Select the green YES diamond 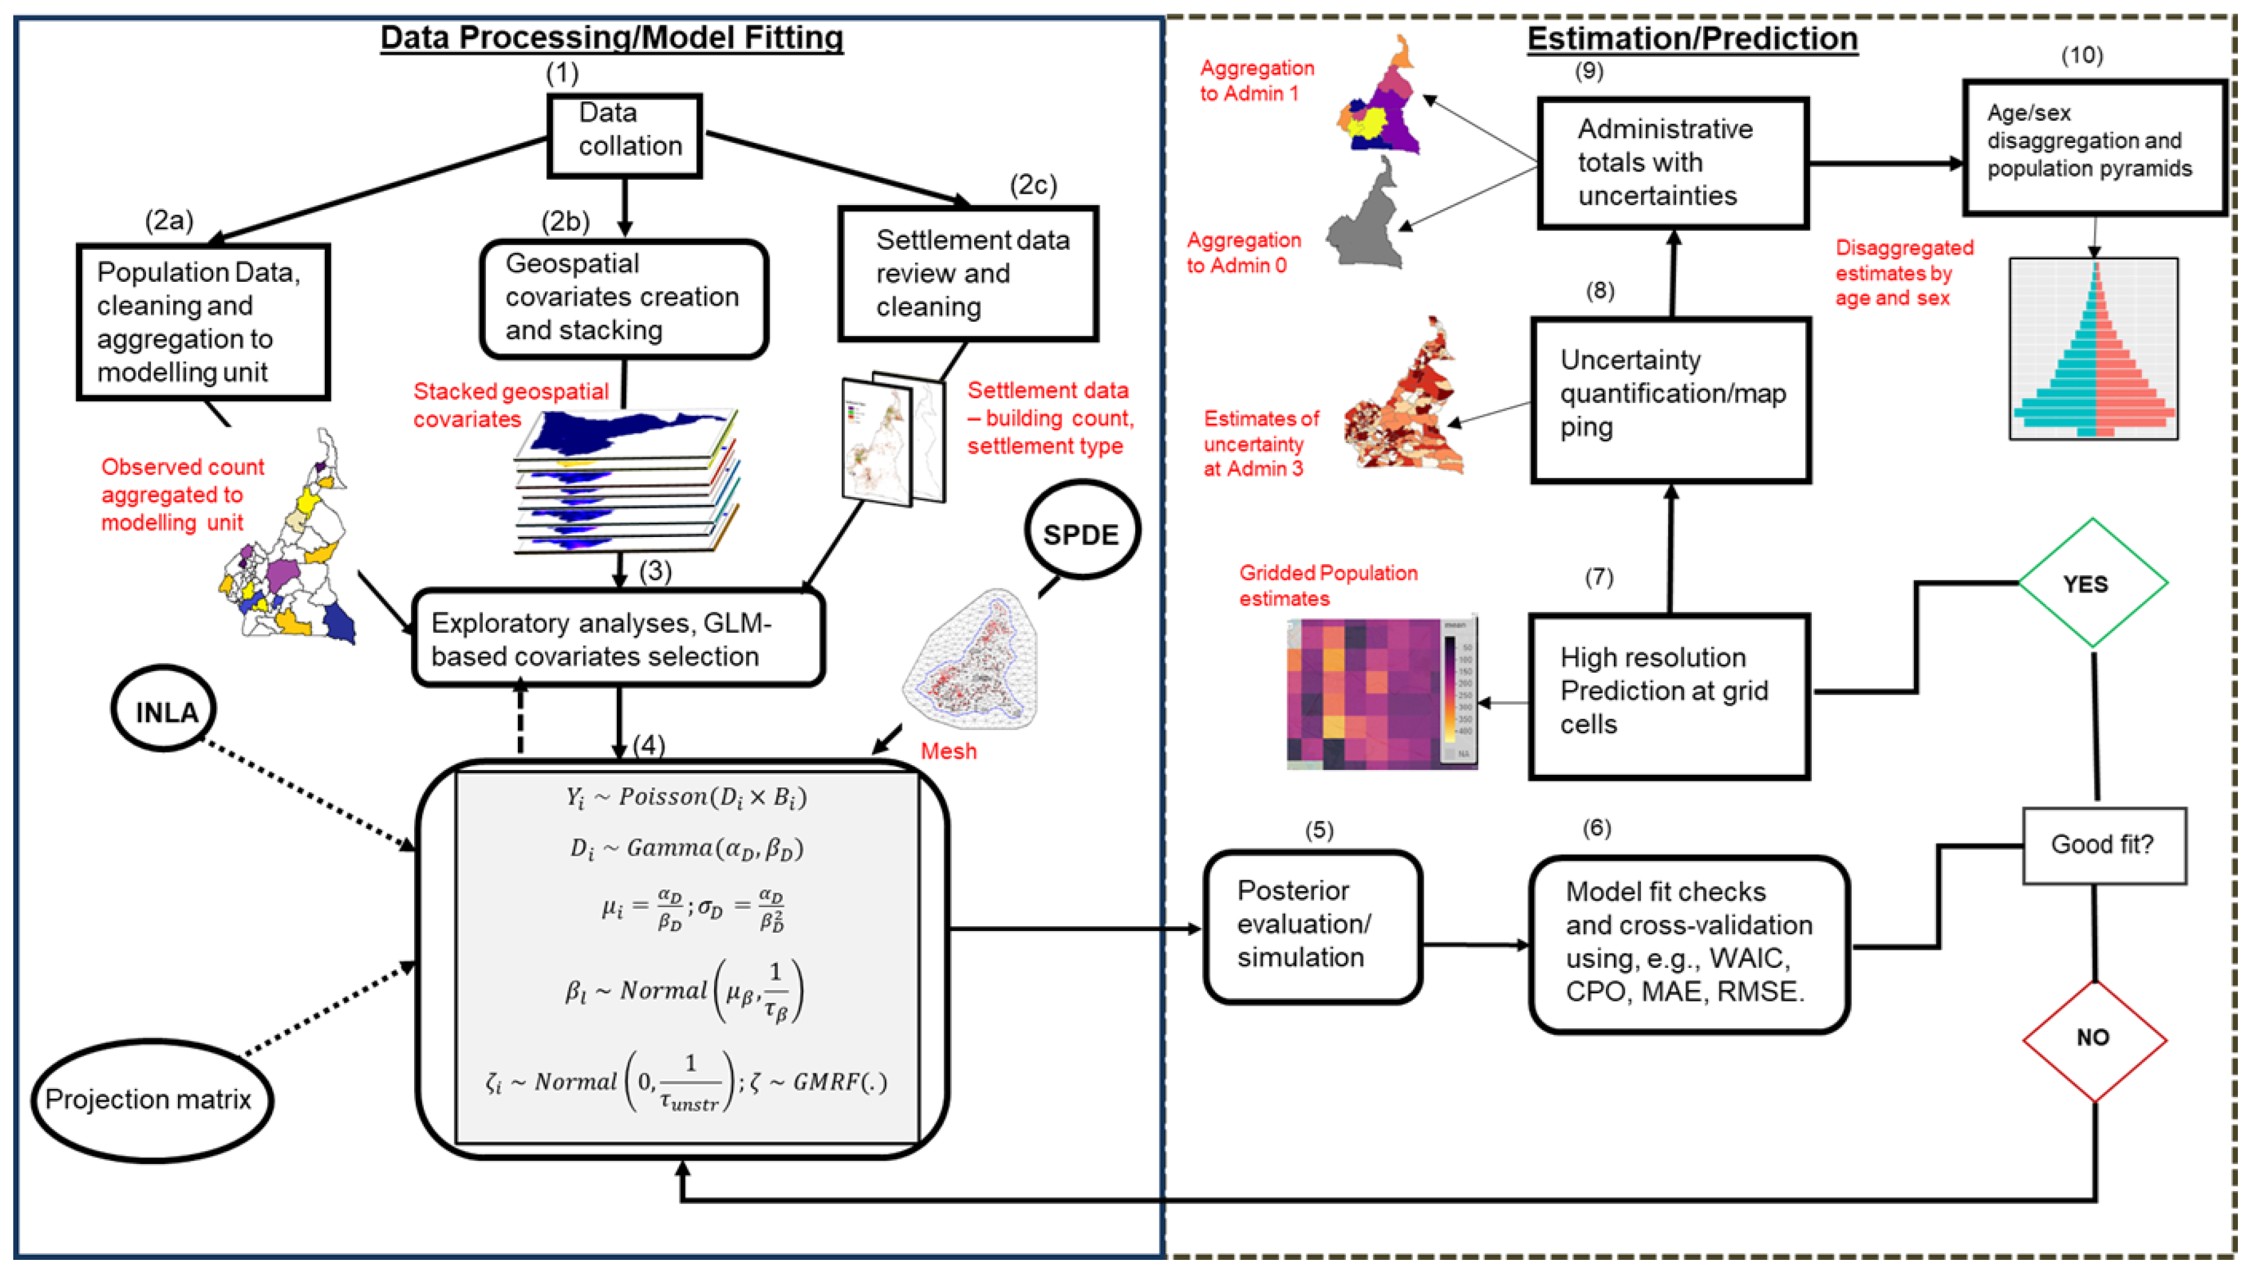[2091, 583]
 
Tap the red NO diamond [2093, 1039]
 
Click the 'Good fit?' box [2103, 845]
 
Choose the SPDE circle [1081, 532]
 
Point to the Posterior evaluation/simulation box [1311, 926]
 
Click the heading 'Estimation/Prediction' [1691, 39]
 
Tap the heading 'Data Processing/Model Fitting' [611, 38]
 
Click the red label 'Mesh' [948, 751]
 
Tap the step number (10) [2082, 56]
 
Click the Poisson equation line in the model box [686, 797]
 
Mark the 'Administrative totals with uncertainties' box [1672, 164]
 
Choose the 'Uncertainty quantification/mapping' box [1670, 400]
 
